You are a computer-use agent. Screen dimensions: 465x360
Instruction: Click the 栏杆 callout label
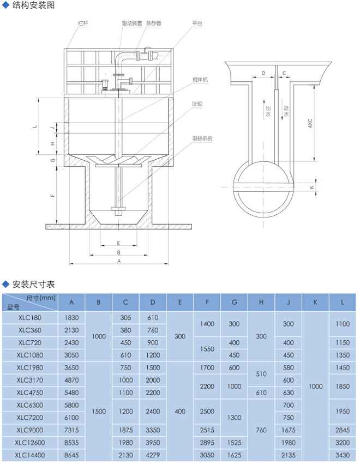83,23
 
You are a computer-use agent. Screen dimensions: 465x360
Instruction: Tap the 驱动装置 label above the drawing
131,23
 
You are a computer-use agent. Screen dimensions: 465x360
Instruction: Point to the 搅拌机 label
200,80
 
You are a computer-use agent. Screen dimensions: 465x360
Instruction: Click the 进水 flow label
286,111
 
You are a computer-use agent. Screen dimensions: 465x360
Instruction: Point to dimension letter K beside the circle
311,188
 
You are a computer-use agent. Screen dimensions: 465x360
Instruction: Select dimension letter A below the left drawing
118,261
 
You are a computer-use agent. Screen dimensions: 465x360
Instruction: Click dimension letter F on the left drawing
53,195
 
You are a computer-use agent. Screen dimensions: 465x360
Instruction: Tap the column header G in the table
234,301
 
